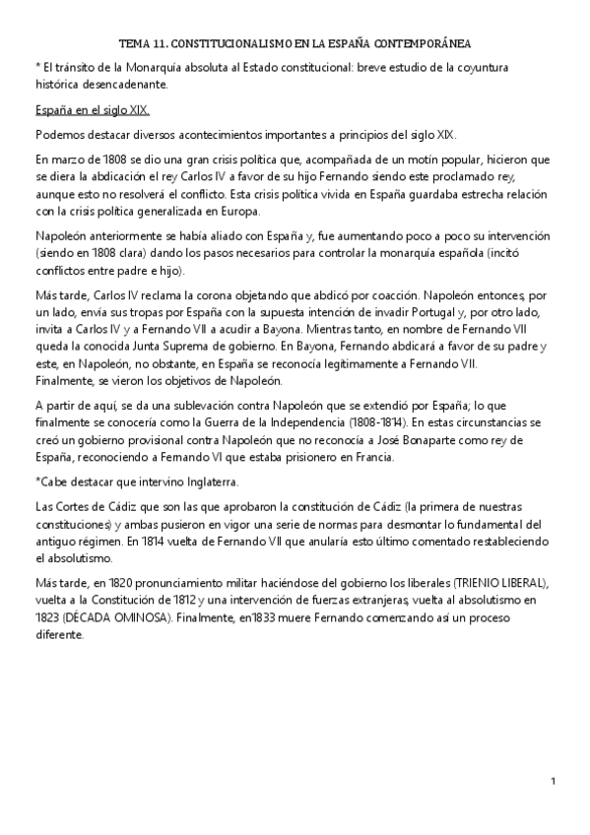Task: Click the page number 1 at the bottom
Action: point(554,782)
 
